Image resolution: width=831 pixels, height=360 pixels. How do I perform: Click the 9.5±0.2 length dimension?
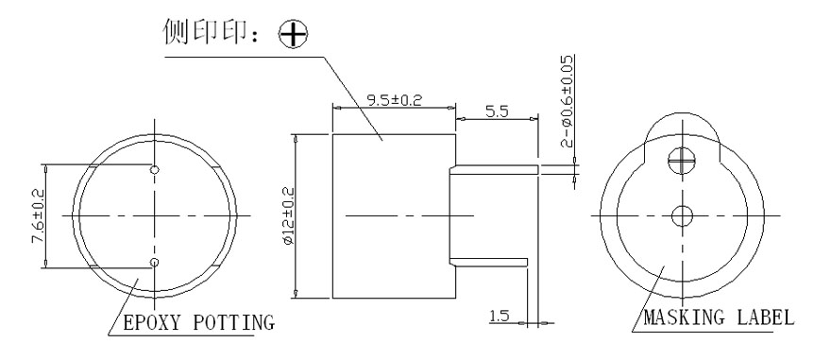pos(393,97)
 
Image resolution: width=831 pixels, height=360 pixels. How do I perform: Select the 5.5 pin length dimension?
pos(496,111)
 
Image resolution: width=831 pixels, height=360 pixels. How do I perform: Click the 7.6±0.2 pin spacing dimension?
pos(39,214)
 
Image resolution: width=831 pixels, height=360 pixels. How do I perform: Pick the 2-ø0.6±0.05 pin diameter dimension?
pos(566,102)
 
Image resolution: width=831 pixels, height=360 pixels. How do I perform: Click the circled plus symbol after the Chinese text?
pos(296,35)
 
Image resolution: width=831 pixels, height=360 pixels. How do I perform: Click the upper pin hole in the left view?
pos(156,169)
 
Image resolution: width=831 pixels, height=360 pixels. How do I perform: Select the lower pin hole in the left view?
pos(156,262)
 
